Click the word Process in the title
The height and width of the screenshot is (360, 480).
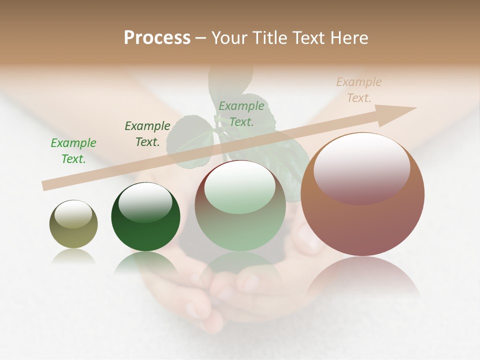(157, 38)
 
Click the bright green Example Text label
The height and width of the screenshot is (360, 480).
(73, 150)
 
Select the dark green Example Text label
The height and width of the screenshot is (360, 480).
(147, 133)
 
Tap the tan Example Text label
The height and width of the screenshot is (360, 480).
(358, 90)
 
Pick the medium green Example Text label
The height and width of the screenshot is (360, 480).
(241, 113)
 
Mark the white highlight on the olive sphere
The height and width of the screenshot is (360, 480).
(73, 214)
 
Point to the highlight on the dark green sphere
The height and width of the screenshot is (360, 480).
(145, 202)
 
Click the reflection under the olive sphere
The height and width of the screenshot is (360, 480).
(73, 256)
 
